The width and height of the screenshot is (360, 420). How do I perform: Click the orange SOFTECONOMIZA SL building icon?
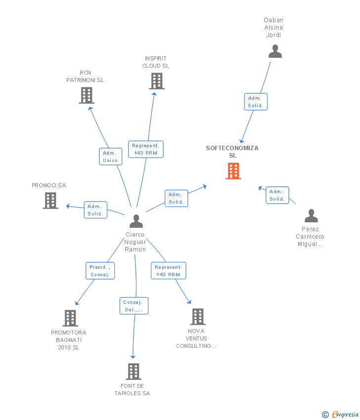click(x=233, y=170)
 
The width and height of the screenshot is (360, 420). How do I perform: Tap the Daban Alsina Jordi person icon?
click(x=275, y=51)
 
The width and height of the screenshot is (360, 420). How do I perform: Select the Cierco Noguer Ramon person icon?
click(x=136, y=221)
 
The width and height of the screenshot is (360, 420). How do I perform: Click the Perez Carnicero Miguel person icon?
click(x=311, y=216)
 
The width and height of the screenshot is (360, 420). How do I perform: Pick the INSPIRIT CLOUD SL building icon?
click(x=157, y=81)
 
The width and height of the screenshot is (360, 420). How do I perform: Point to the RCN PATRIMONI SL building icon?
click(x=87, y=95)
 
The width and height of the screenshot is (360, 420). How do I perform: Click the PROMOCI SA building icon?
click(x=50, y=201)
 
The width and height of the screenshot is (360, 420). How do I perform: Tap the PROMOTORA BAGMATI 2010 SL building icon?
click(x=71, y=318)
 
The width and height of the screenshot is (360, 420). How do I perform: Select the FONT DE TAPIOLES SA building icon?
click(x=134, y=372)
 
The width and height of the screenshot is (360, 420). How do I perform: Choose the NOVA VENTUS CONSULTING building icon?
click(x=198, y=317)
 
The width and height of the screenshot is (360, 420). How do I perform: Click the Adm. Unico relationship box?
click(x=110, y=157)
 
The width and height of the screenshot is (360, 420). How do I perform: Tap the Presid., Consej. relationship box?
click(x=100, y=271)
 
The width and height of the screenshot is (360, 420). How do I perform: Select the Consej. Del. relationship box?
click(x=134, y=306)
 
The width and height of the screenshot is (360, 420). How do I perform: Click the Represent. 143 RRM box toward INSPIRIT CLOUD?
click(x=146, y=149)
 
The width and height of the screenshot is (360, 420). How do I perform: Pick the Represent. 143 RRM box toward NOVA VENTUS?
click(x=168, y=271)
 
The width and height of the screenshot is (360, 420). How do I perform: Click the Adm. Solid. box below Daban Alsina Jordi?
click(x=256, y=102)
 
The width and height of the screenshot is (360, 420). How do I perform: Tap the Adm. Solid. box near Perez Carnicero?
click(x=277, y=195)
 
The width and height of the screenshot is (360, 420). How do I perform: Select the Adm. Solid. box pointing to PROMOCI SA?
click(x=95, y=210)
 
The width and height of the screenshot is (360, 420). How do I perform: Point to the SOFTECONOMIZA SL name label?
click(x=232, y=152)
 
